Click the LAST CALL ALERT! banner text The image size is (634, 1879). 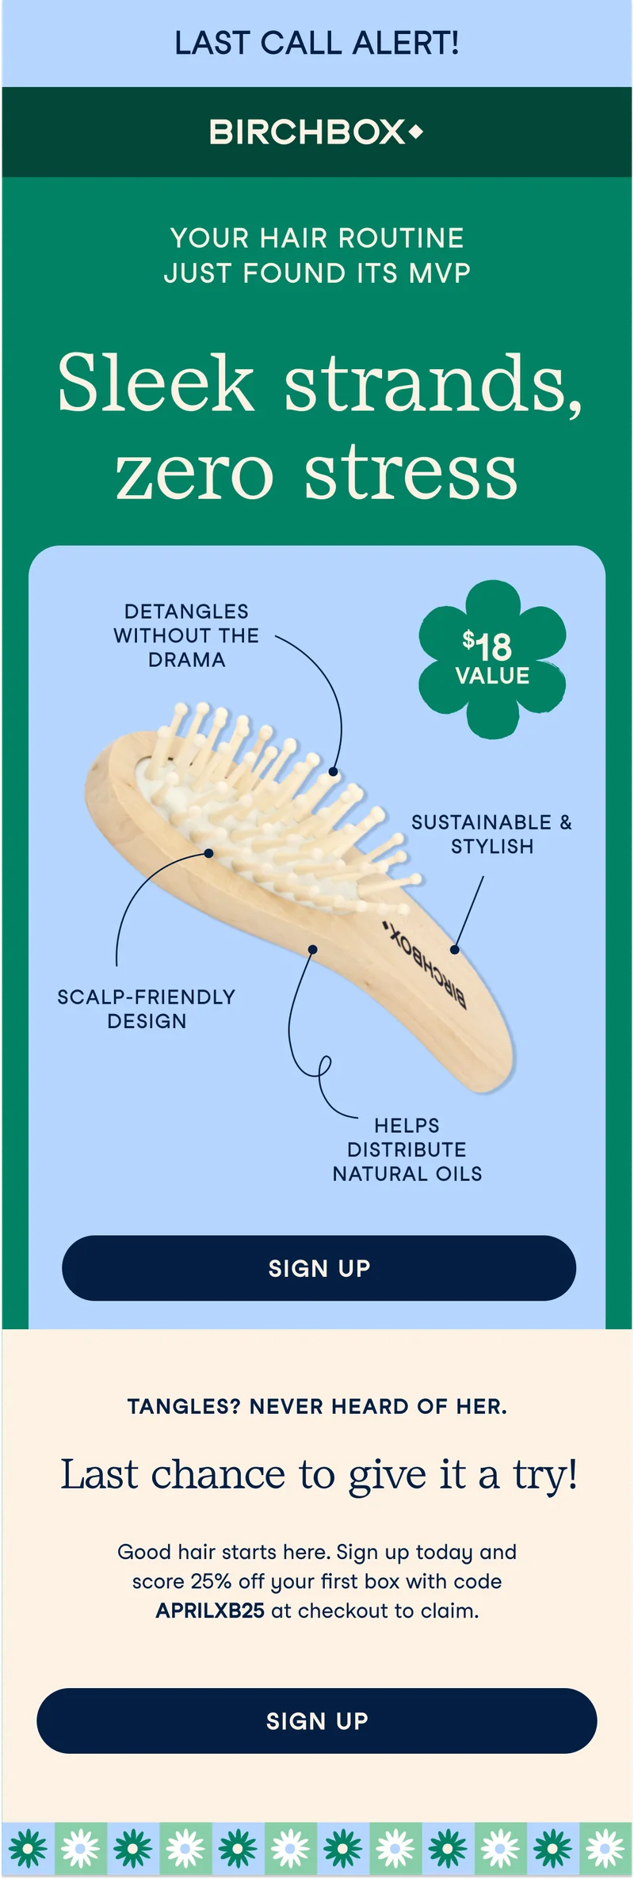click(x=317, y=43)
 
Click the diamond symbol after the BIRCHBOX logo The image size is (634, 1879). click(x=415, y=131)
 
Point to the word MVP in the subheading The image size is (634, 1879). click(x=440, y=273)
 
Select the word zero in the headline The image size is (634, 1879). click(x=194, y=474)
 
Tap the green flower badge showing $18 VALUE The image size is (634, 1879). click(x=492, y=660)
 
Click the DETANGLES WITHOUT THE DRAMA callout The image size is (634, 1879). click(x=186, y=635)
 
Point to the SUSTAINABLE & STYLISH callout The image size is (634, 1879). click(x=491, y=834)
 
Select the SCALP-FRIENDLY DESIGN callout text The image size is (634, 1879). click(x=147, y=1008)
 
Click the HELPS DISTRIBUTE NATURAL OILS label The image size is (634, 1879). click(x=407, y=1149)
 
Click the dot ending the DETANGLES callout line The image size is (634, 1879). click(x=334, y=772)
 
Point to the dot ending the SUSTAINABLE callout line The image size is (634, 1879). click(x=455, y=949)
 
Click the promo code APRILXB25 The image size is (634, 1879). click(x=210, y=1610)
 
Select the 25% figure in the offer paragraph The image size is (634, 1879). click(x=212, y=1581)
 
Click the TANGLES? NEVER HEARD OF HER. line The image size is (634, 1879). click(x=317, y=1407)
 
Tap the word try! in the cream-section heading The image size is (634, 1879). click(x=545, y=1475)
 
